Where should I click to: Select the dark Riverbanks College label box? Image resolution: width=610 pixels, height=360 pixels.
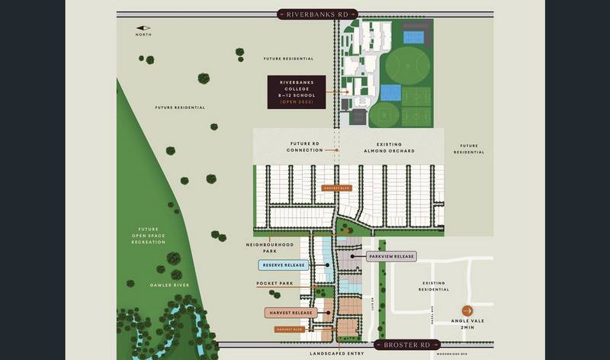click(296, 92)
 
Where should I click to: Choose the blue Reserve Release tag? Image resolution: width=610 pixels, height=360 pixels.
click(283, 265)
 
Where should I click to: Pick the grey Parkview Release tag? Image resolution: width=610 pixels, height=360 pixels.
click(391, 256)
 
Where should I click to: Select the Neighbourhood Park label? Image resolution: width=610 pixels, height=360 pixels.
click(269, 247)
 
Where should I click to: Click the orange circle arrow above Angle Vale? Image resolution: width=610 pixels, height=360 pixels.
click(467, 310)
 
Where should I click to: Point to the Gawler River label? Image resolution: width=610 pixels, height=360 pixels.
click(170, 284)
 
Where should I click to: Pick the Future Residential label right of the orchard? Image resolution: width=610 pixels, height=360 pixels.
click(468, 149)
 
